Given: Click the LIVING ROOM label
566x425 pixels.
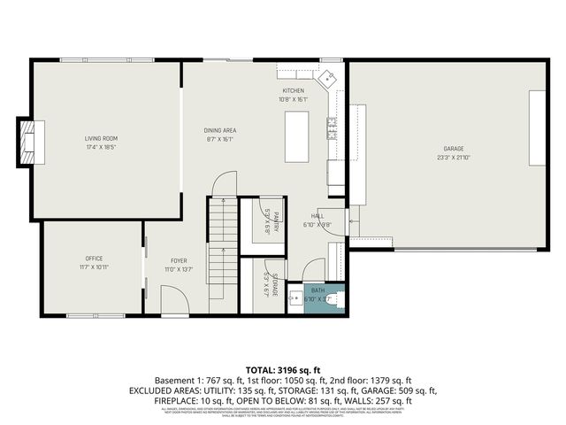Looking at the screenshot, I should (101, 138).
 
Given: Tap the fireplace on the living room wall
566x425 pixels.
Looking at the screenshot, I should (30, 142).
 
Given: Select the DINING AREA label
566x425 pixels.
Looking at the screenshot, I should (218, 130).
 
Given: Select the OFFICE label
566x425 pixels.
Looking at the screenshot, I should (94, 258).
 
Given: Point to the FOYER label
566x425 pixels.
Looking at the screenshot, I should (179, 260).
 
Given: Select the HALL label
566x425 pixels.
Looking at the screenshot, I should (317, 216).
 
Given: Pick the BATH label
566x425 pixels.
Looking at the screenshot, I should (317, 290).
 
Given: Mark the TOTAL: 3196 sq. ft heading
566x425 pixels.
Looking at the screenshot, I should (282, 368).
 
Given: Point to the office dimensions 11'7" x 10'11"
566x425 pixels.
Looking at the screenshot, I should (94, 267).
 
